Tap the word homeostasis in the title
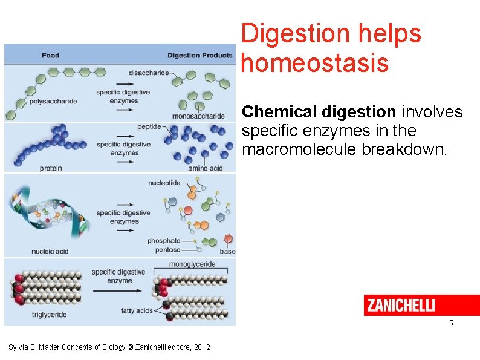pos(314,62)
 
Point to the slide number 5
pos(451,324)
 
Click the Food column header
pos(51,56)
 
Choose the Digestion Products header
pos(199,56)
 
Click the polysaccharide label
pos(53,101)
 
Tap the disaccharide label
pos(149,73)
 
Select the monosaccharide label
pos(198,116)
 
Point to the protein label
pos(51,168)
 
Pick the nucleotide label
pos(164,182)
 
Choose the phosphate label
pos(164,241)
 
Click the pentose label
pos(167,249)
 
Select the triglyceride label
pos(49,315)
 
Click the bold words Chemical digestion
pos(319,112)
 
